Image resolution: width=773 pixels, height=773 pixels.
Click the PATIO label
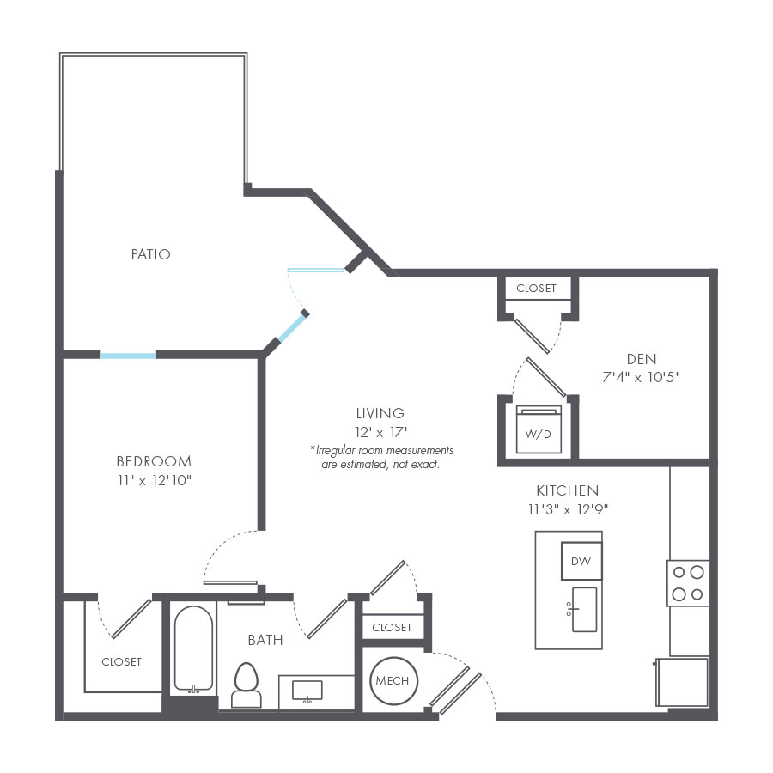[x=150, y=254]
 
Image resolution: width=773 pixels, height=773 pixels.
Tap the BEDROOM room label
[x=154, y=461]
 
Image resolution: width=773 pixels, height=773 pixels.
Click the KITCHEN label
[x=567, y=490]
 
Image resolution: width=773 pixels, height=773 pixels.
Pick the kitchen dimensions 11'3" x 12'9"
[x=567, y=508]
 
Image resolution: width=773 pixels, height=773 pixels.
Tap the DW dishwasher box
[x=581, y=562]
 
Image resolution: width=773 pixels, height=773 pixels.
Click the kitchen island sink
[x=584, y=609]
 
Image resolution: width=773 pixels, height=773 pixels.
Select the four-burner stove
[x=688, y=583]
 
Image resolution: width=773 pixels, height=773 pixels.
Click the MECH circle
[x=393, y=681]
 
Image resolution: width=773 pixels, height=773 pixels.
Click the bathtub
[x=193, y=649]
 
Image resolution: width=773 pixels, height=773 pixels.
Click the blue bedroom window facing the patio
[x=128, y=354]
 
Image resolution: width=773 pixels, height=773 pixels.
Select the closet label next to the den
[x=537, y=289]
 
